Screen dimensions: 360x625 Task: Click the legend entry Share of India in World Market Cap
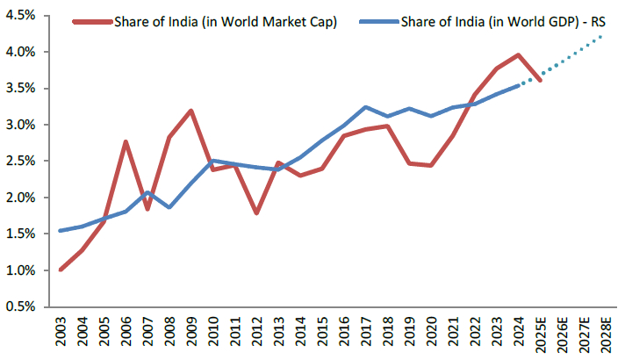tap(225, 22)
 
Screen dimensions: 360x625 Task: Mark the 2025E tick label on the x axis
tap(539, 335)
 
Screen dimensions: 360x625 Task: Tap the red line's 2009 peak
tap(190, 111)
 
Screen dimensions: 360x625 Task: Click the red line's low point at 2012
tap(255, 213)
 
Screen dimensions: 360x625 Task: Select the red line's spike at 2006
tap(126, 141)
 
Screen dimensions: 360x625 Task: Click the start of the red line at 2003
tap(61, 270)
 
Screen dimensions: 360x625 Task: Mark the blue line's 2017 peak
tap(365, 107)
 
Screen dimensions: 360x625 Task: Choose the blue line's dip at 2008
tap(169, 207)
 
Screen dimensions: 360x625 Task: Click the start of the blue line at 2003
tap(61, 231)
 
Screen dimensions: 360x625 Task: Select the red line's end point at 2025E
tap(539, 80)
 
